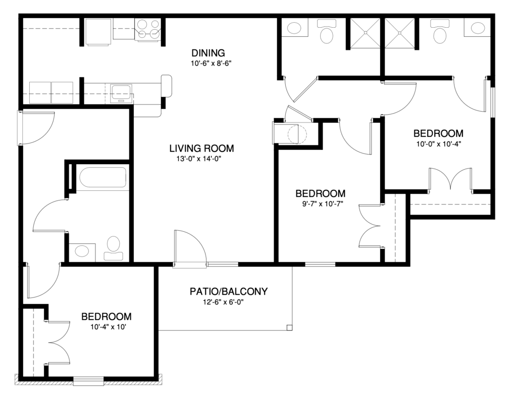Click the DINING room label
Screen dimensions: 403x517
click(208, 53)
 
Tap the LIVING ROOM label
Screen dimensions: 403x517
click(201, 148)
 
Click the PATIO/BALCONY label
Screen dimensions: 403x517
click(228, 291)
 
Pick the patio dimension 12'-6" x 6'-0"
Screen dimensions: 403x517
click(228, 303)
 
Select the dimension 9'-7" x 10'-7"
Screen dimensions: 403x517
click(320, 204)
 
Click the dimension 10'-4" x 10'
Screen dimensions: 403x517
click(107, 327)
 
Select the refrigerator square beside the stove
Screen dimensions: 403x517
click(98, 32)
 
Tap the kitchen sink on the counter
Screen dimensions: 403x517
click(122, 92)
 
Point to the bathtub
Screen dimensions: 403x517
click(102, 178)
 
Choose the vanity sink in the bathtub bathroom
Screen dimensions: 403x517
click(82, 250)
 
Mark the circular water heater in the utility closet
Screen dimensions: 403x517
click(293, 134)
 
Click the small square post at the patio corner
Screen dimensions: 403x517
click(289, 328)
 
